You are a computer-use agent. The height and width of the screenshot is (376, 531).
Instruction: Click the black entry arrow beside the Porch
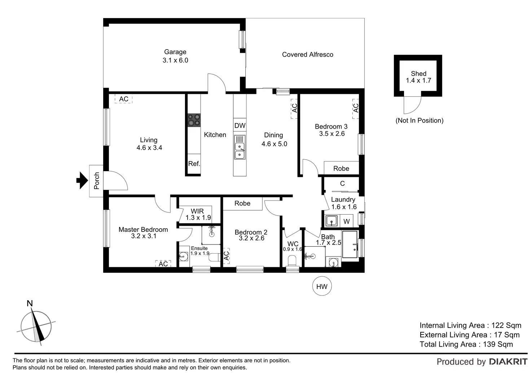coord(82,180)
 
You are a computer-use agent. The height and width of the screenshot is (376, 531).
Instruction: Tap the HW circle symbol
coord(322,286)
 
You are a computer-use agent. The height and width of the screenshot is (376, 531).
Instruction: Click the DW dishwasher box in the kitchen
coord(240,126)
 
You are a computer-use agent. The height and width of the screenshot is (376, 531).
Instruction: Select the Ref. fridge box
coord(194,164)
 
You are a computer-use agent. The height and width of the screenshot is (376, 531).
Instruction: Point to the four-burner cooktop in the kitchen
coord(194,120)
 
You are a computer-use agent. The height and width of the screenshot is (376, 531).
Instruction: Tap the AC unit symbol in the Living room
coord(123,99)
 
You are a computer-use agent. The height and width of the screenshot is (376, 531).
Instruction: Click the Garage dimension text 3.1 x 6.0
coord(175,60)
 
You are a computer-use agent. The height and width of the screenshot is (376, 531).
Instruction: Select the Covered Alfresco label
coord(307,55)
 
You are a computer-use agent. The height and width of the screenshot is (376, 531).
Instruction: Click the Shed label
coord(418,73)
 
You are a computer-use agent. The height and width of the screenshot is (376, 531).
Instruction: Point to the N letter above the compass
coord(30,303)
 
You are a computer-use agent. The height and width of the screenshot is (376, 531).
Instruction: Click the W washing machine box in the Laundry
coord(347,221)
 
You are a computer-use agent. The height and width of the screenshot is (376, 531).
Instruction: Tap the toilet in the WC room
coord(292,260)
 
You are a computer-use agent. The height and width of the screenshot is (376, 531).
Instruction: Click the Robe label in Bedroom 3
coord(341,168)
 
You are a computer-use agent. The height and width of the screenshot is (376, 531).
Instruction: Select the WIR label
coord(197,211)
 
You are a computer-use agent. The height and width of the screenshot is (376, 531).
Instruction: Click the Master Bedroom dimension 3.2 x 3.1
coord(144,236)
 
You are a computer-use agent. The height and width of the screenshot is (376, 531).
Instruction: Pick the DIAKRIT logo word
coord(508,362)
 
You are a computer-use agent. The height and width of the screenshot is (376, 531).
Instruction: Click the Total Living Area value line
coord(466,344)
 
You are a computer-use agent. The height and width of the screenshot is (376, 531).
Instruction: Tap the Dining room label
coord(273,135)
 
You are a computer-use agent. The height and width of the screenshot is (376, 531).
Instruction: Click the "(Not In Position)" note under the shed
coord(419,120)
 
